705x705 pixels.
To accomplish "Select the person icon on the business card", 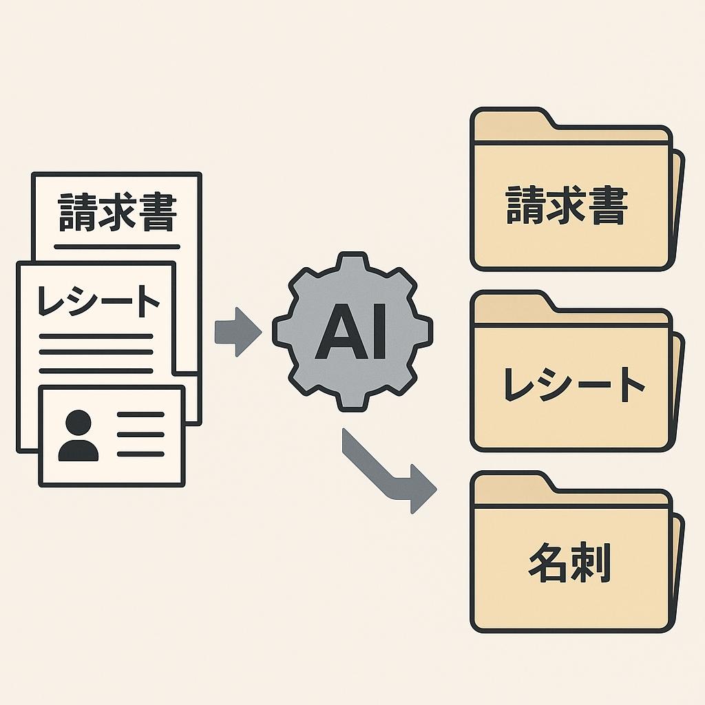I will tap(78, 436).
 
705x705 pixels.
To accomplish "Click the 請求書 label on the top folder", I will tap(567, 206).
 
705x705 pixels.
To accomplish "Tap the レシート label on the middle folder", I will tap(574, 385).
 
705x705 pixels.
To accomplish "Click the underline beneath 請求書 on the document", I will tap(117, 246).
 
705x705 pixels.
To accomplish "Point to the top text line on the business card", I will tap(140, 415).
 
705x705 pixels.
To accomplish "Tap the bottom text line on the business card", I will tap(140, 454).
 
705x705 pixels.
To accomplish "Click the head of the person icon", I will tap(78, 421).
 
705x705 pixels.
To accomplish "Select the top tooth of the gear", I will tap(352, 263).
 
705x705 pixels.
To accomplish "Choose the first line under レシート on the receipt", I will tap(96, 337).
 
